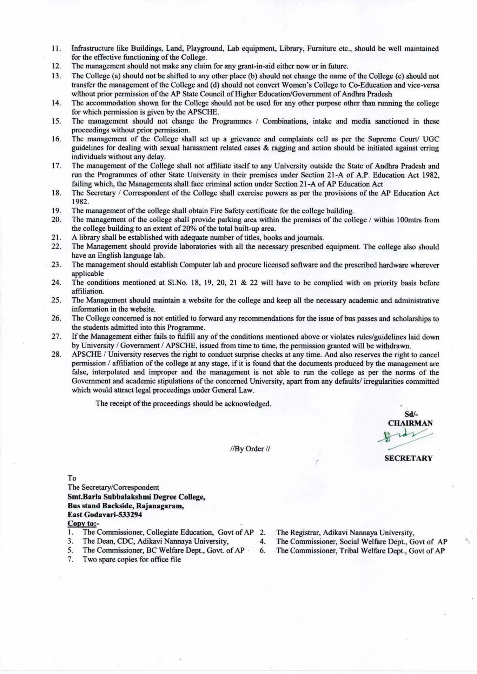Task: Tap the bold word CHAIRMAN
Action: point(410,423)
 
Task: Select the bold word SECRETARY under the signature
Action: point(409,458)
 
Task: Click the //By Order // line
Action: point(250,449)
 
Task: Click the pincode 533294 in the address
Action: point(130,515)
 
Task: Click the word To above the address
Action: point(72,478)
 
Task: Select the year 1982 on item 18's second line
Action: point(80,202)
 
